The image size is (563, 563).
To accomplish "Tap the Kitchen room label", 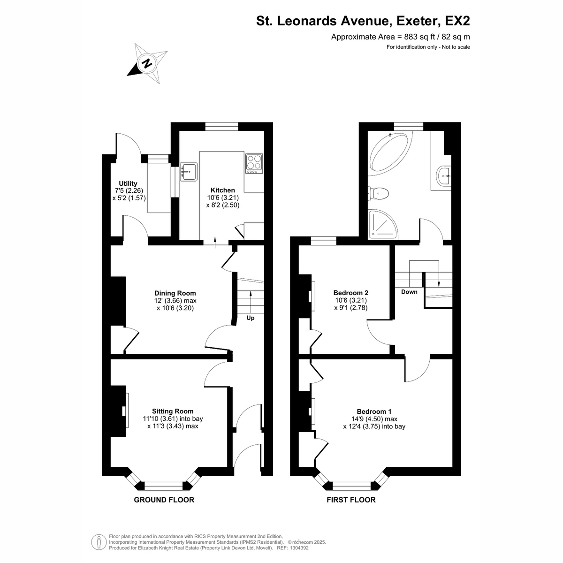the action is (223, 190).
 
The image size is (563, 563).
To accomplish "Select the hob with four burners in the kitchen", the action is (254, 163).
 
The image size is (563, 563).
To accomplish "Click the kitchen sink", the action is (189, 172).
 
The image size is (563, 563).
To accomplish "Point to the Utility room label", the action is (128, 183).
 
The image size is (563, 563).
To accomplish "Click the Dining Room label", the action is (175, 293).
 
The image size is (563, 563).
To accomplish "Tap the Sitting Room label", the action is (173, 411).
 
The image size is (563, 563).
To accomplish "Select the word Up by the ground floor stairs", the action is (251, 318).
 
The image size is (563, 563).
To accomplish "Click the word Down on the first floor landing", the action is (409, 292).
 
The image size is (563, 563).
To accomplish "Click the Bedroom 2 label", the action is (350, 293).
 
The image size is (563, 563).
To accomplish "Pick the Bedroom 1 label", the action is (374, 411).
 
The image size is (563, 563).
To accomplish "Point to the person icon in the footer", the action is (99, 542).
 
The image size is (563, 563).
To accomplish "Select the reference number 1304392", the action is (299, 548).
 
